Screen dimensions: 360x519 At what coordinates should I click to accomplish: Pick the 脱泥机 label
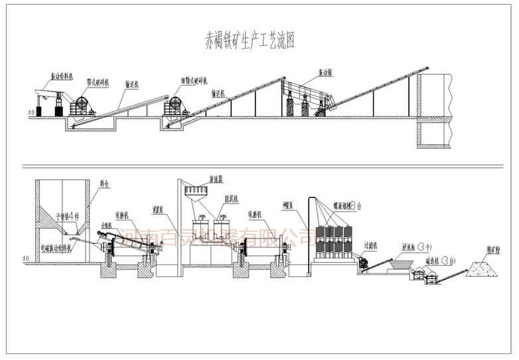[x=230, y=199]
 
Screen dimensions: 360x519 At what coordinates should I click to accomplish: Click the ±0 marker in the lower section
[x=26, y=258]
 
